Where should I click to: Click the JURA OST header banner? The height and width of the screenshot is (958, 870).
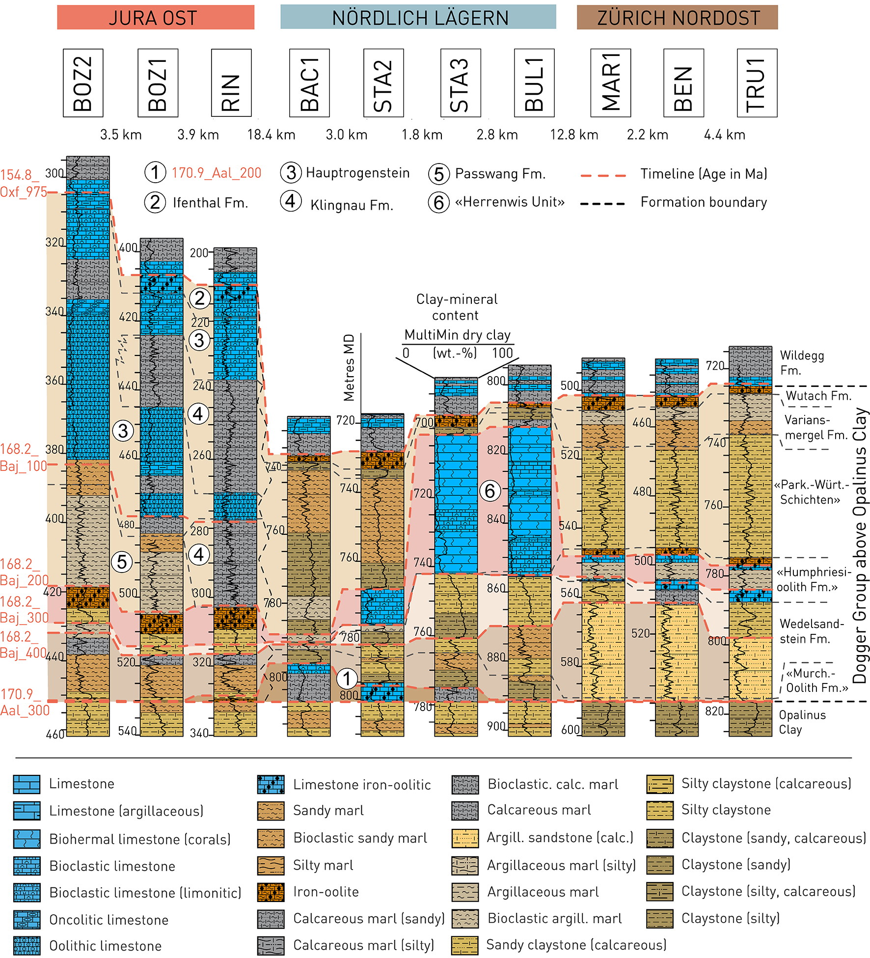[156, 18]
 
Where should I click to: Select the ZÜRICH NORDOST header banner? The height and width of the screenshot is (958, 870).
[677, 18]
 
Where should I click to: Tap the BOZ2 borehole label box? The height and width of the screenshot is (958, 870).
[83, 83]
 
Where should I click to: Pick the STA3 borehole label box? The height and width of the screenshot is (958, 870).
[460, 83]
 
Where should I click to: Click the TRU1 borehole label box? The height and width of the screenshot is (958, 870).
[757, 83]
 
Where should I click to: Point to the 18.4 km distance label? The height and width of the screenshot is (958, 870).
[271, 135]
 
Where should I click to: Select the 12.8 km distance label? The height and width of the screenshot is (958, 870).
[574, 135]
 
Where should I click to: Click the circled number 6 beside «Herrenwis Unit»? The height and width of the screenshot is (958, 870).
[438, 202]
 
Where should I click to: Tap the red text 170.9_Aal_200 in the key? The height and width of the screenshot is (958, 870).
[216, 173]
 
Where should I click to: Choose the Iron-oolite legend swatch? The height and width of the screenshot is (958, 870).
[271, 892]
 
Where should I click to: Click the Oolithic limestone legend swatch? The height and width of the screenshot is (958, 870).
[27, 946]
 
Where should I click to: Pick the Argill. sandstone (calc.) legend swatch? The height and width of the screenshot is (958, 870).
[464, 838]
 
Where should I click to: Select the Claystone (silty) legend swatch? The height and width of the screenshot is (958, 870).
[659, 918]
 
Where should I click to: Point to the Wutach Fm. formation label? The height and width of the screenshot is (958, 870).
[818, 396]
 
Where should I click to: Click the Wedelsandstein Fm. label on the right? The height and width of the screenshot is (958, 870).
[812, 631]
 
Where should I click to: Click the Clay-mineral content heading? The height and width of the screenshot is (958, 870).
[457, 307]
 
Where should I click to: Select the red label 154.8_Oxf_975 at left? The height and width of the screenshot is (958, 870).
[23, 183]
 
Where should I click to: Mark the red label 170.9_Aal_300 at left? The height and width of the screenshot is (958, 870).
[25, 702]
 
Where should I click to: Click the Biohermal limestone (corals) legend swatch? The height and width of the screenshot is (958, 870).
[27, 839]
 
